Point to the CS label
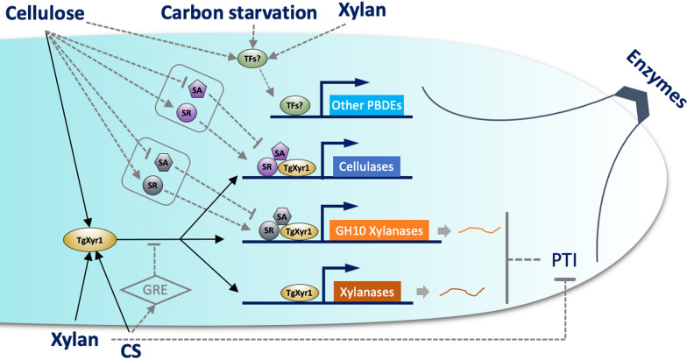pyautogui.click(x=131, y=349)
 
